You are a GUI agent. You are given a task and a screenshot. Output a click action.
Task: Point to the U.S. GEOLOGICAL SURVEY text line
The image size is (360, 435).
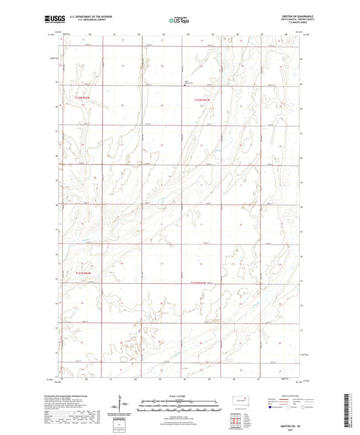90,23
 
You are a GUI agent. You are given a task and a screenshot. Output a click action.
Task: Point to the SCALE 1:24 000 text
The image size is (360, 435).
180,396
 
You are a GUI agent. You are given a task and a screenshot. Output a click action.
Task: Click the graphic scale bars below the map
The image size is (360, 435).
180,405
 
